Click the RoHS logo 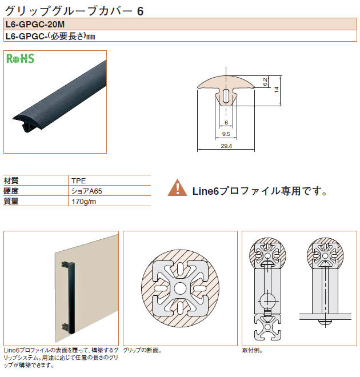click(x=20, y=59)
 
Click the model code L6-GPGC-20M click(x=35, y=25)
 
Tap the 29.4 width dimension click(x=226, y=146)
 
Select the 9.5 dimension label click(x=226, y=134)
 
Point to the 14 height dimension click(x=277, y=90)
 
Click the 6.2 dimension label click(x=265, y=82)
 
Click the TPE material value click(x=79, y=181)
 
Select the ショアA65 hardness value click(x=87, y=191)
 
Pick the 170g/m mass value click(x=83, y=201)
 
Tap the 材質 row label click(x=11, y=181)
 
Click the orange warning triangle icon click(x=178, y=187)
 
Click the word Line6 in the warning click(x=206, y=191)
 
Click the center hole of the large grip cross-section click(x=180, y=288)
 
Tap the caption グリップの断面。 click(x=142, y=350)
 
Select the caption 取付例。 click(x=252, y=350)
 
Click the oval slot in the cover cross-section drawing click(x=226, y=96)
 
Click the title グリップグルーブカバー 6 click(x=74, y=11)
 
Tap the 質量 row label click(x=11, y=201)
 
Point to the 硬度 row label click(x=11, y=191)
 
